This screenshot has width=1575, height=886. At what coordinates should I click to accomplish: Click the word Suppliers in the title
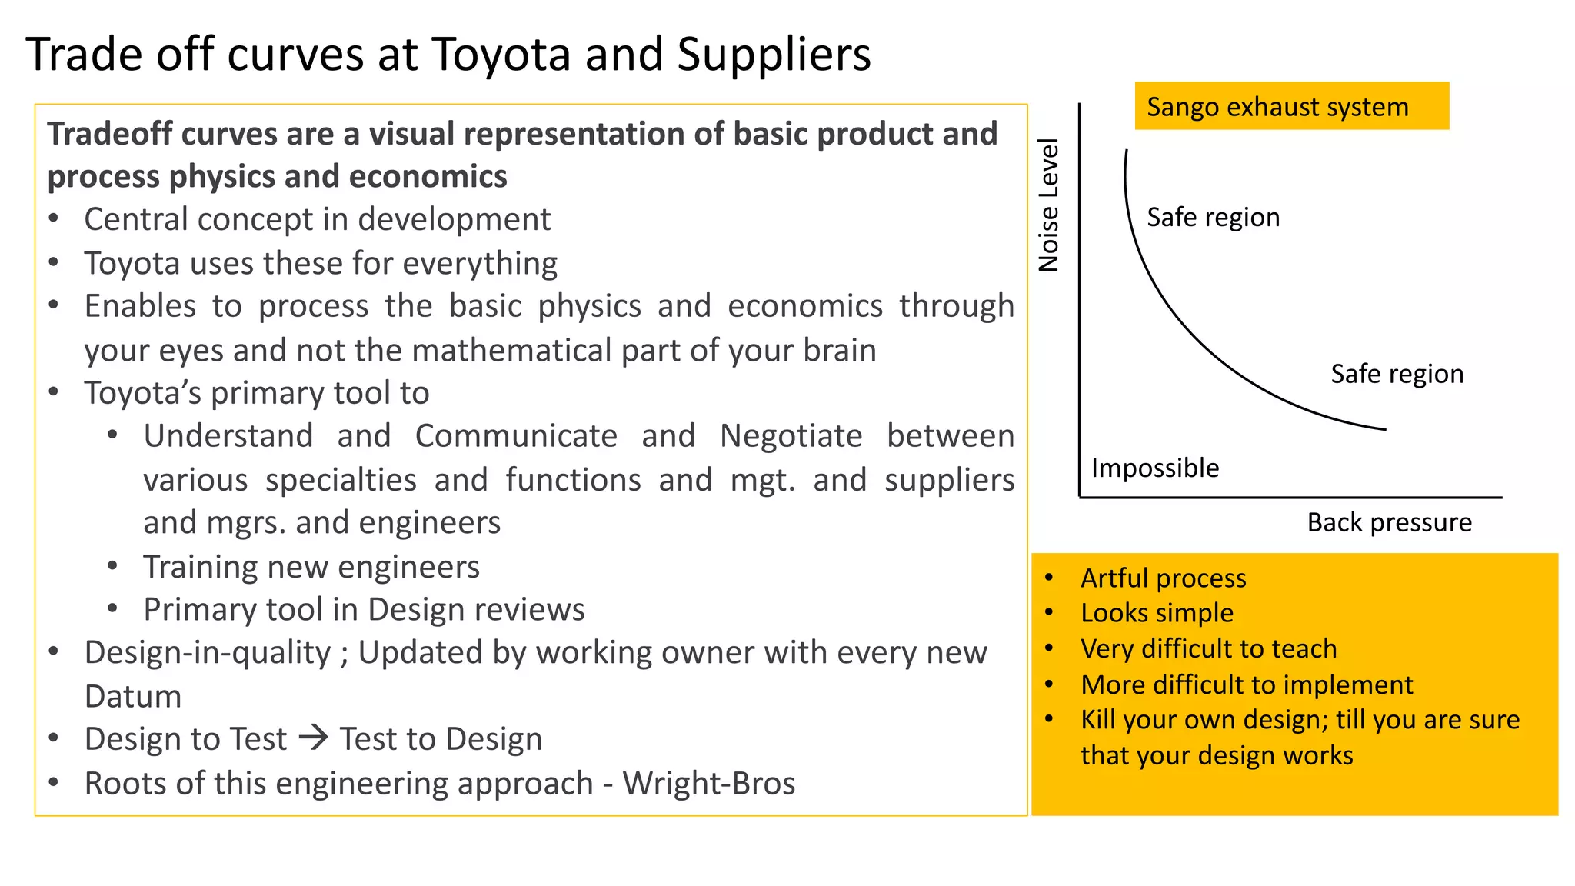(774, 55)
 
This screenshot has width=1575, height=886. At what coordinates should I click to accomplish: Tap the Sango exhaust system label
(1277, 107)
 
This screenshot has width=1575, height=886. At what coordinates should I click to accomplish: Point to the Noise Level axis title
(1049, 205)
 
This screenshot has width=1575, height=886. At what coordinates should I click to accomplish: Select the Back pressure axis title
(1389, 523)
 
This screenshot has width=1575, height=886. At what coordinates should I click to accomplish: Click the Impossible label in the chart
(1155, 468)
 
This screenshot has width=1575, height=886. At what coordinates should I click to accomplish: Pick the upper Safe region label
(1213, 218)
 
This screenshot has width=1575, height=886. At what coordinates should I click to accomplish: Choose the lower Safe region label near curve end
(1397, 375)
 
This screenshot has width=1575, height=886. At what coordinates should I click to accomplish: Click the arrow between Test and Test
(314, 738)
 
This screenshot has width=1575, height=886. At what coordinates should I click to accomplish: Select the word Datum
(133, 697)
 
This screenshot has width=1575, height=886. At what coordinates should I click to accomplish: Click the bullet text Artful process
(1163, 578)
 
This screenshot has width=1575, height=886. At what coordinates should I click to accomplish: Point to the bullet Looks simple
(1157, 613)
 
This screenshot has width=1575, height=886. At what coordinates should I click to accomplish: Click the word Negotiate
(791, 437)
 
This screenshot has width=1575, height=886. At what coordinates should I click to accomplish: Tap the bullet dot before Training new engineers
(113, 567)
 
